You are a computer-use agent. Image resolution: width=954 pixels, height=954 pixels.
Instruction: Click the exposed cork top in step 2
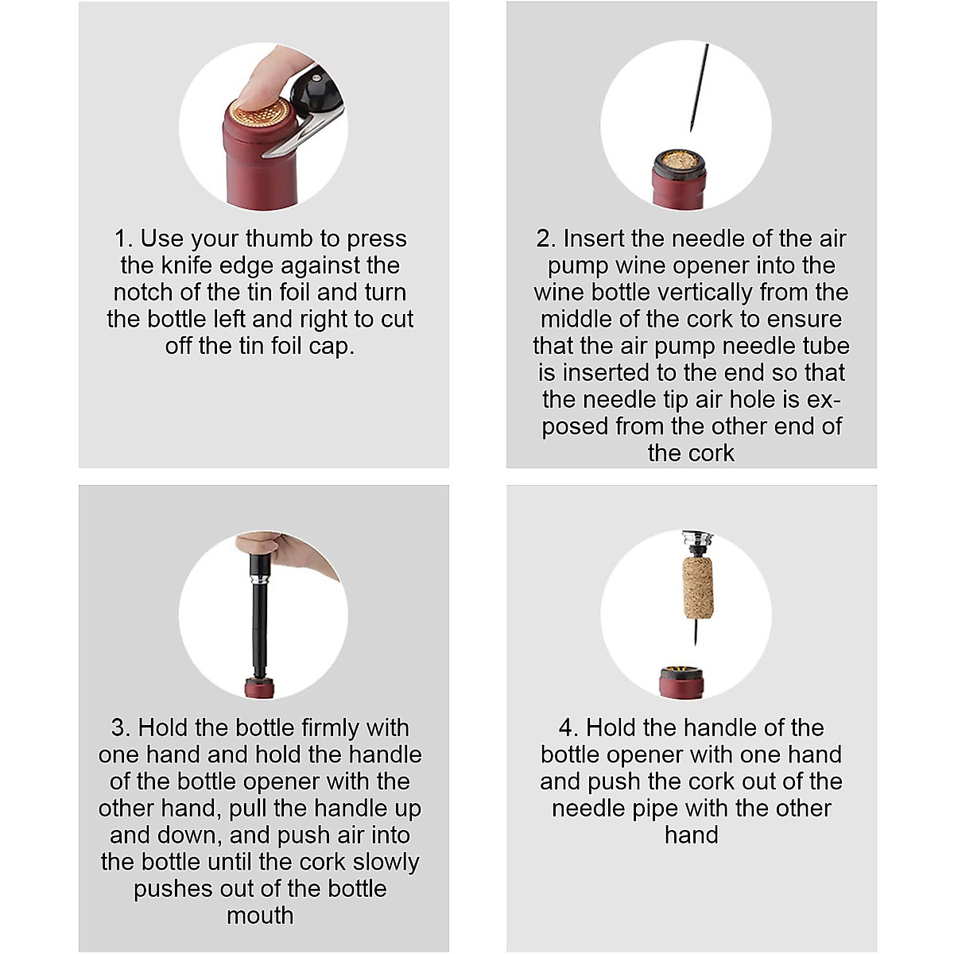tap(680, 161)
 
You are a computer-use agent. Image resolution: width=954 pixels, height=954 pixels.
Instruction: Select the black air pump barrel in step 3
tap(258, 627)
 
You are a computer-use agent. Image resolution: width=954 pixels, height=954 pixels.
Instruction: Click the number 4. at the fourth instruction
tap(568, 727)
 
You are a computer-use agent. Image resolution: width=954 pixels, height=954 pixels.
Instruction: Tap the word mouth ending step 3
tap(260, 915)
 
